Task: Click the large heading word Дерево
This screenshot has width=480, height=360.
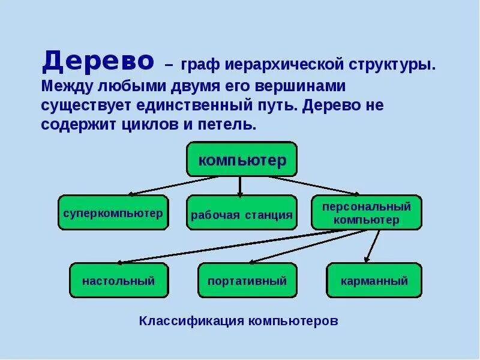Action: point(97,61)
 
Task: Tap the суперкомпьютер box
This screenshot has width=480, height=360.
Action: point(113,212)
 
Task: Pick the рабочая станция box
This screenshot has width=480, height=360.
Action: point(241,213)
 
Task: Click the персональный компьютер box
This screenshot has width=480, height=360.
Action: point(366,212)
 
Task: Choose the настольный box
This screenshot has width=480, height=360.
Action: point(119,280)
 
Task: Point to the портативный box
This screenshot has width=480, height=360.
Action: point(247,280)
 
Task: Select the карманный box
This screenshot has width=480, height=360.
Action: point(374,280)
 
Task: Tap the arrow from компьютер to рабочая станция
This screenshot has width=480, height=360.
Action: point(240,186)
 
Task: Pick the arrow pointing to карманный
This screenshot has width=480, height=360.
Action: point(372,246)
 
